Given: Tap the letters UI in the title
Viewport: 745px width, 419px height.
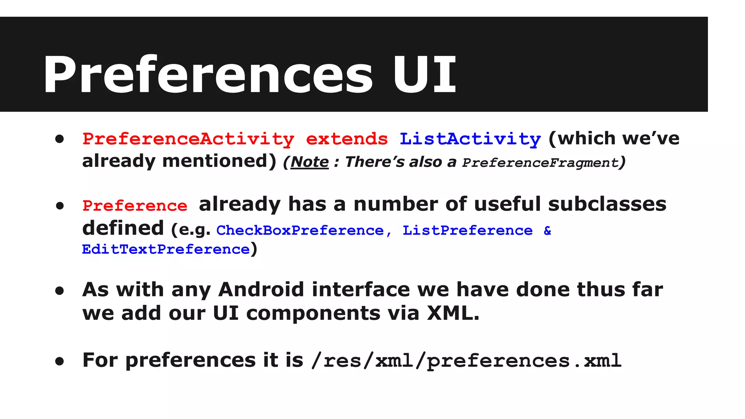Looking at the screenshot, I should click(x=424, y=75).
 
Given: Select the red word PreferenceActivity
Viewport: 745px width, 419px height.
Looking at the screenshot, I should click(x=188, y=139).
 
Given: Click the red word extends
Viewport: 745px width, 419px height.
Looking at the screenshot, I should click(x=347, y=139).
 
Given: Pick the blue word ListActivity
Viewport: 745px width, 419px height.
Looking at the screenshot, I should click(x=470, y=139).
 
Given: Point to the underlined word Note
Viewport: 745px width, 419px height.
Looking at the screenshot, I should click(x=310, y=162).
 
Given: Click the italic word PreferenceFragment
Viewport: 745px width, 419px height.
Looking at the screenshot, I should click(x=540, y=163).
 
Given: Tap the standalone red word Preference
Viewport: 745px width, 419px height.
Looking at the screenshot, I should click(x=135, y=206).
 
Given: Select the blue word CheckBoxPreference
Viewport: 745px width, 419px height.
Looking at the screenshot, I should click(x=300, y=231).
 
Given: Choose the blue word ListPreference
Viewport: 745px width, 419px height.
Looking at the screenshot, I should click(x=467, y=231).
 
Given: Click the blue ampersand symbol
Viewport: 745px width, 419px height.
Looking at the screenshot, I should click(x=547, y=231).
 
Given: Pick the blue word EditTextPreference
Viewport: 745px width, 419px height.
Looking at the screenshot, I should click(x=166, y=250).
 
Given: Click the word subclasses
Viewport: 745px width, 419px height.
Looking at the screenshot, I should click(x=607, y=204).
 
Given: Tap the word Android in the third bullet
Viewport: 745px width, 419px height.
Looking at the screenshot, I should click(x=261, y=290).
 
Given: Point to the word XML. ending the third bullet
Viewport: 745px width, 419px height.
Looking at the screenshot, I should click(x=453, y=313).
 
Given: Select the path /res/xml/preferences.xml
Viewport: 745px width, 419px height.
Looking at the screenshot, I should click(x=466, y=361).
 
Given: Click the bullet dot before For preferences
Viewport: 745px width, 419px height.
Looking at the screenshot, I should click(x=60, y=361).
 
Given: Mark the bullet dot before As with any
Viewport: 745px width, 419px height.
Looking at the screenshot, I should click(x=60, y=291).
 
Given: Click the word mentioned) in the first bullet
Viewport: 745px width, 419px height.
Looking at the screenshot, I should click(x=219, y=161).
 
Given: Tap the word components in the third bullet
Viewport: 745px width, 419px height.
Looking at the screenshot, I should click(x=313, y=313).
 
